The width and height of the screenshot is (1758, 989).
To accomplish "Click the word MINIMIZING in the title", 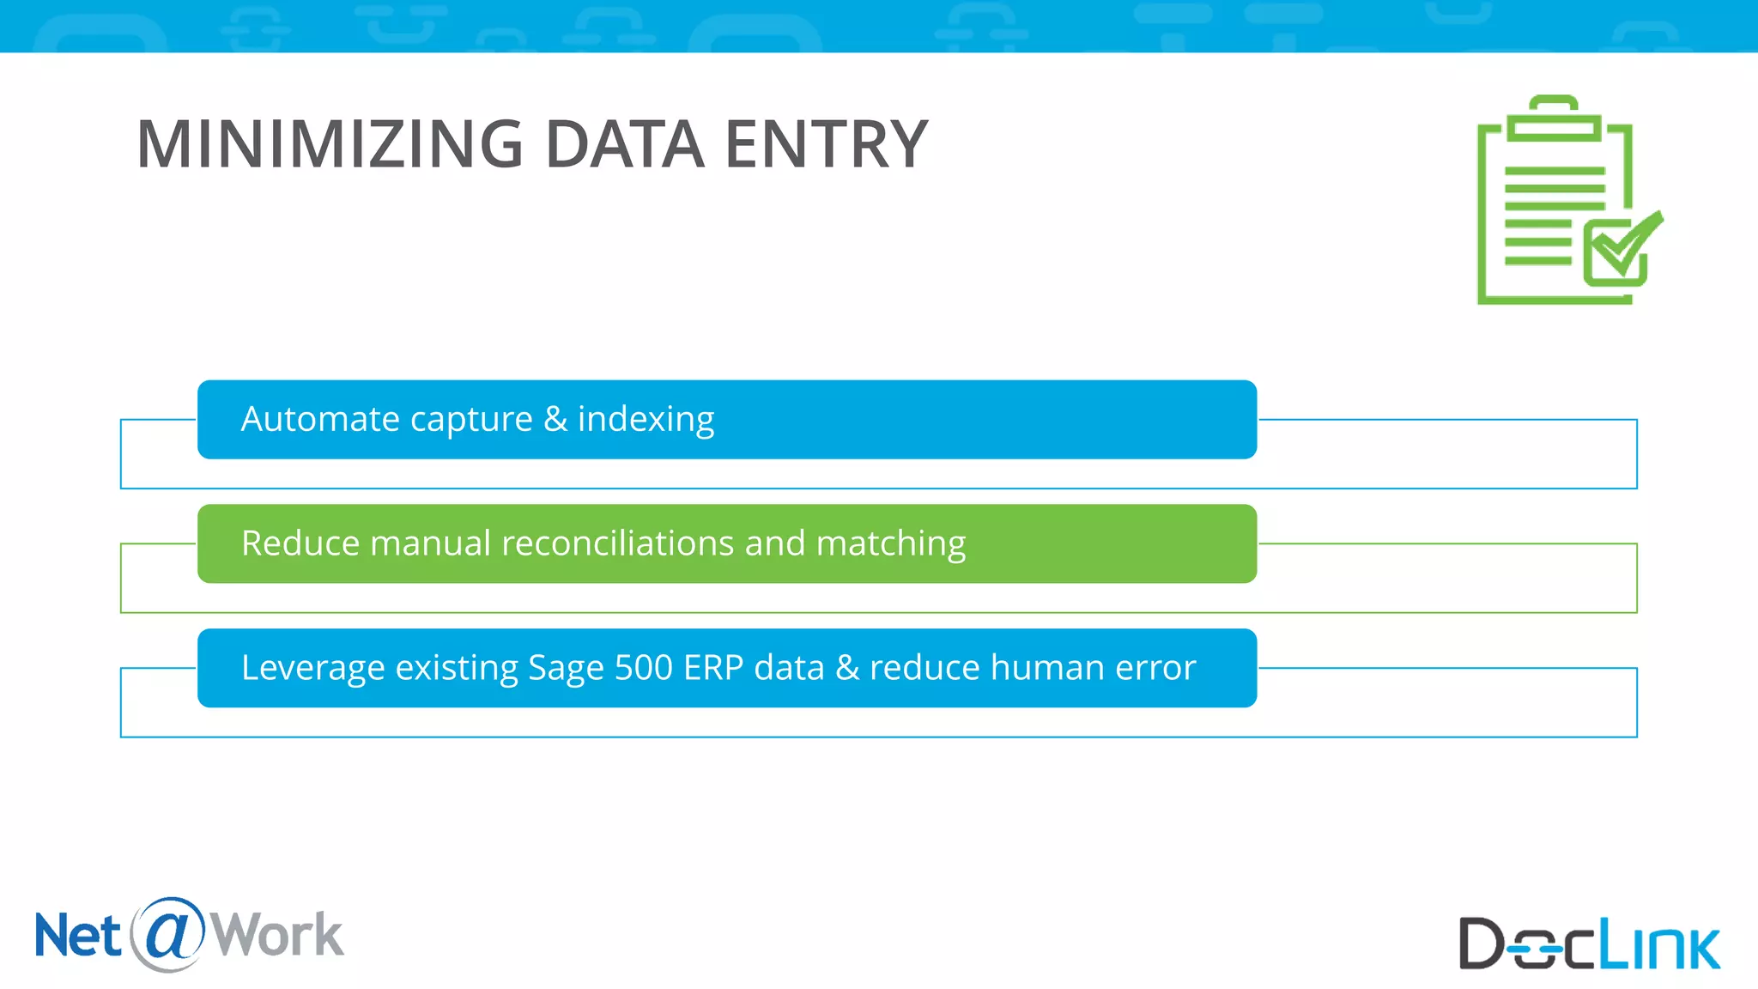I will (x=330, y=144).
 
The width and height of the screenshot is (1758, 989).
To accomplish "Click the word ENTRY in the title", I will (x=826, y=144).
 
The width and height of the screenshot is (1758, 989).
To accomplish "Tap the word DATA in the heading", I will (x=624, y=144).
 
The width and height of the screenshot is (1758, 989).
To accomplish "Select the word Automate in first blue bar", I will (x=320, y=419).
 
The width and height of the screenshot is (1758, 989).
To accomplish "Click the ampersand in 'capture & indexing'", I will (x=555, y=419).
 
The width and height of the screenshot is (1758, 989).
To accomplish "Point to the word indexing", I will (x=646, y=420).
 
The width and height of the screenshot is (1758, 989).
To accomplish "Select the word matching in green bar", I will (x=890, y=544).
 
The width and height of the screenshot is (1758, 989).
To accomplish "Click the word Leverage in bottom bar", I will (x=312, y=668).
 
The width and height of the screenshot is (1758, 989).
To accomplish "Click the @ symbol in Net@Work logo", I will (x=168, y=933).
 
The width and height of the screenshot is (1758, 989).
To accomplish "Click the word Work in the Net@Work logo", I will (x=276, y=935).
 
